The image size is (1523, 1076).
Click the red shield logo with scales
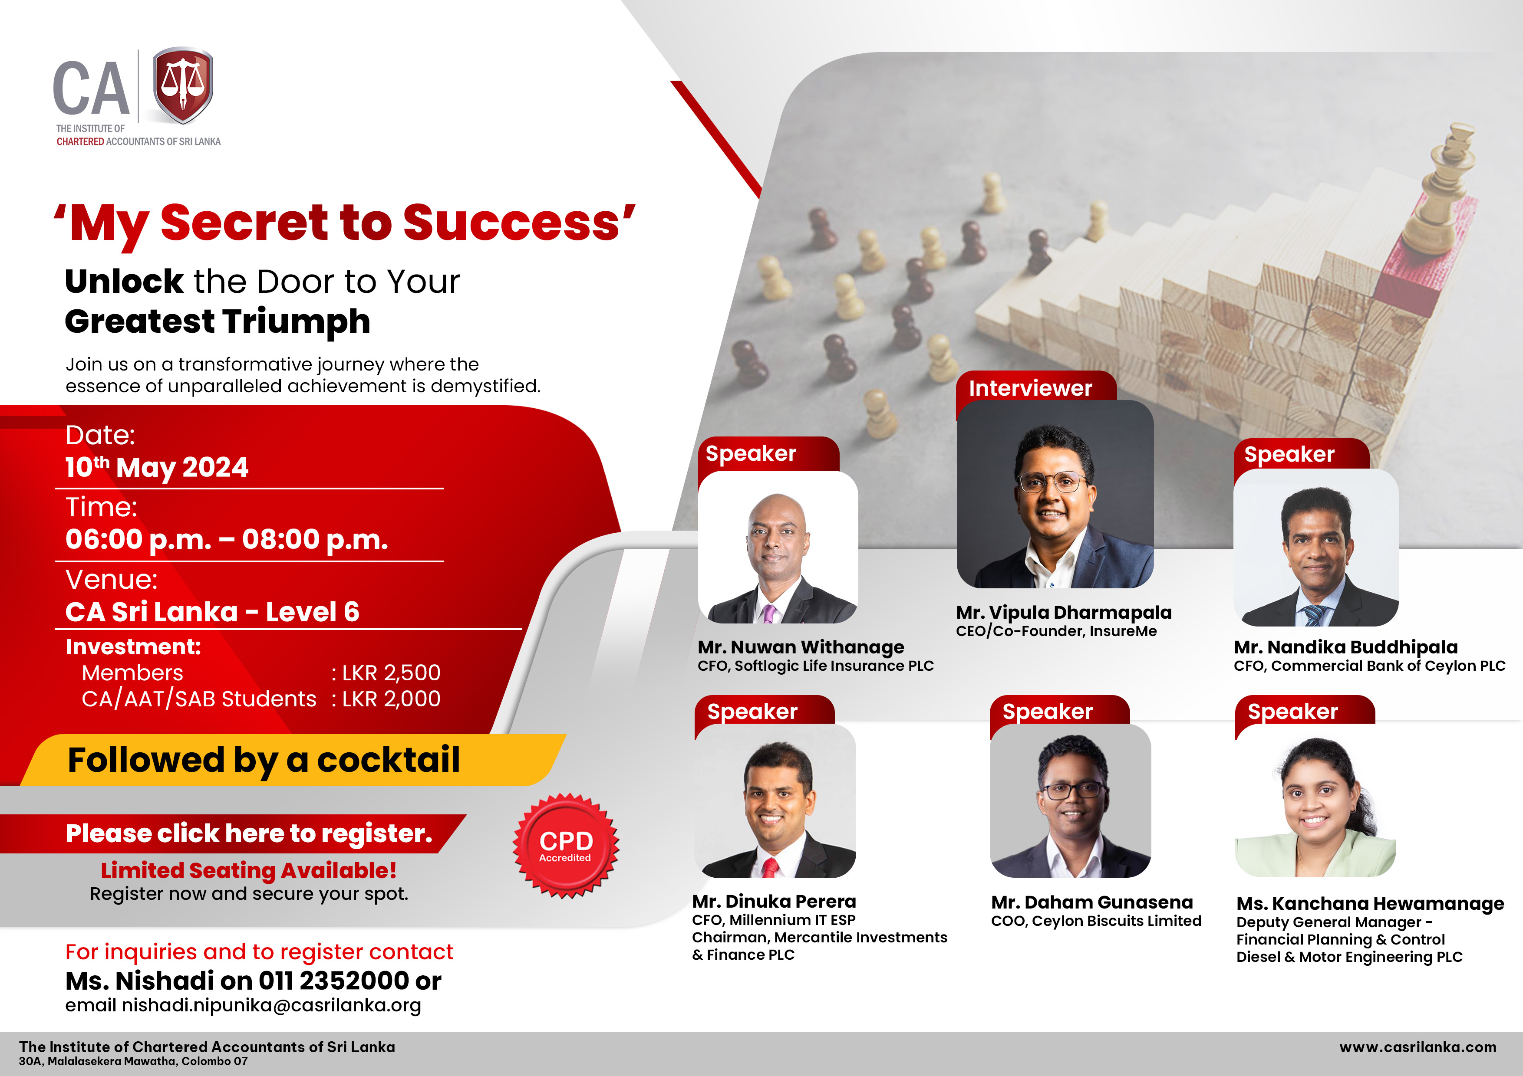point(183,85)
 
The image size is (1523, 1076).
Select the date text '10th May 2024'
point(157,467)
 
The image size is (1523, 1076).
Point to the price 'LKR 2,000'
point(391,699)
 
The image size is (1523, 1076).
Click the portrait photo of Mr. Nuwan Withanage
point(778,547)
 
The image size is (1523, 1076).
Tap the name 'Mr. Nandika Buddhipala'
point(1346,647)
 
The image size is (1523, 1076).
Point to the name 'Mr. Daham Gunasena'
point(1092,902)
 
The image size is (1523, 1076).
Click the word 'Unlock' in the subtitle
point(124,281)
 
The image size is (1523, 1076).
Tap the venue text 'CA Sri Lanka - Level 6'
point(212,612)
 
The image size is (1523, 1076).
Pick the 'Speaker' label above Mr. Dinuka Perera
point(752,712)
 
